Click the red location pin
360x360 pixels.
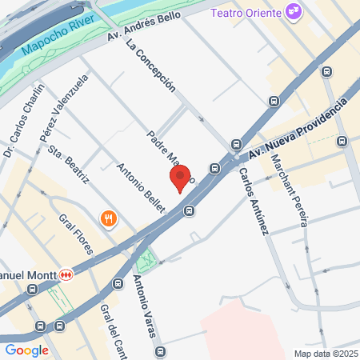180,178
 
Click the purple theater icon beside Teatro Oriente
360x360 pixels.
294,13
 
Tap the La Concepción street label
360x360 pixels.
150,65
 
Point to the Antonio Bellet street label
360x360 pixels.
140,188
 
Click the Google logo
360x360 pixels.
26,350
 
